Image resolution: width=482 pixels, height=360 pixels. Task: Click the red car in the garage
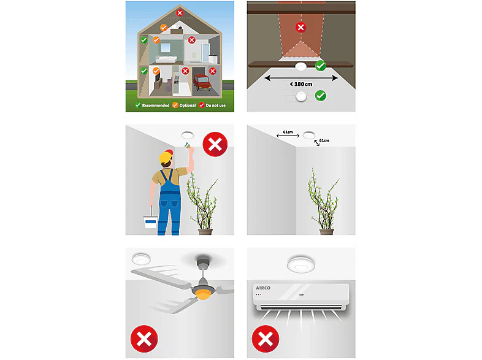point(202,82)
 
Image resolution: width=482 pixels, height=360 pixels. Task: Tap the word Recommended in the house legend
point(156,105)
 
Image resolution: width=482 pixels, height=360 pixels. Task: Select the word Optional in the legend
point(188,105)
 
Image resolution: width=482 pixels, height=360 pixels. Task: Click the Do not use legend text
point(215,105)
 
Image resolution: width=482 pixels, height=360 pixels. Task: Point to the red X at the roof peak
point(180,13)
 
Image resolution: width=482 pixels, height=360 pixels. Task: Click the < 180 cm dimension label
point(301,84)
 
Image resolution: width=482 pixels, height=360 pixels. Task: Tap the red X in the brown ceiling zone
point(300,28)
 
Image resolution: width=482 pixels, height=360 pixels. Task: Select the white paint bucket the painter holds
point(150,221)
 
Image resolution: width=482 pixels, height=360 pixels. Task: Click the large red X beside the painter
point(215,144)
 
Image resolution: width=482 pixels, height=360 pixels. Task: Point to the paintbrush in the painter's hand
point(187,145)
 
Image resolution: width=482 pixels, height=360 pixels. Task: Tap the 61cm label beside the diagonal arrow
point(324,140)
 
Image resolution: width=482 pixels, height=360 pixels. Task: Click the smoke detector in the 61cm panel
point(309,135)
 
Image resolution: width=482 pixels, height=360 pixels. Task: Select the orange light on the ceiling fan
point(202,295)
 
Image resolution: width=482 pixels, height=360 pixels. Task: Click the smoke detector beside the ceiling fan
point(141,259)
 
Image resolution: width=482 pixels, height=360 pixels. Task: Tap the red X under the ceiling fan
point(144,339)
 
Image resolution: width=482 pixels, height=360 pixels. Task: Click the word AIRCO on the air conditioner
point(263,288)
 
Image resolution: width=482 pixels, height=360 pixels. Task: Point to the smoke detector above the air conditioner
point(301,264)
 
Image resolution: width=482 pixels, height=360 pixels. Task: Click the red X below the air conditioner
point(266,339)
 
